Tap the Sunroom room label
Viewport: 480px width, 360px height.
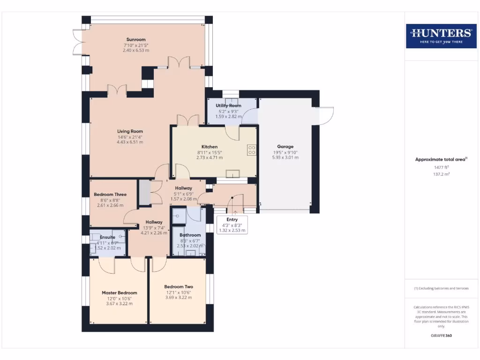coord(136,39)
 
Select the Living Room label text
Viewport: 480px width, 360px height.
coord(130,131)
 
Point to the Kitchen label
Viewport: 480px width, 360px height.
coord(210,147)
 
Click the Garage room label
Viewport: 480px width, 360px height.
coord(285,147)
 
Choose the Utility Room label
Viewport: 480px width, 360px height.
coord(229,106)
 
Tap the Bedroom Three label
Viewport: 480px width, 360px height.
coord(110,195)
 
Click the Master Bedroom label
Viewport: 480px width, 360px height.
coord(120,293)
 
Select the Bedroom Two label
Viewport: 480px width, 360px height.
coord(179,287)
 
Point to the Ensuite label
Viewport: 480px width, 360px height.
coord(107,237)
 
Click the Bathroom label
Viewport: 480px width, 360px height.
coord(190,235)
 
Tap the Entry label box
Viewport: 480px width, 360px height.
coord(232,225)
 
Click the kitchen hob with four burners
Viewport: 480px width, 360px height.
coord(251,150)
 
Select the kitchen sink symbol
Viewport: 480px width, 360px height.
coord(232,174)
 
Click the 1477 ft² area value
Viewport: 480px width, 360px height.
coord(441,167)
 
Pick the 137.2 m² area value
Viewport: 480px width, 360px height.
coord(441,174)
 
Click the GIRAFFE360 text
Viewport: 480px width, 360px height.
coord(441,336)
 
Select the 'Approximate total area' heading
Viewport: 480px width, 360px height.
coord(441,159)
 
